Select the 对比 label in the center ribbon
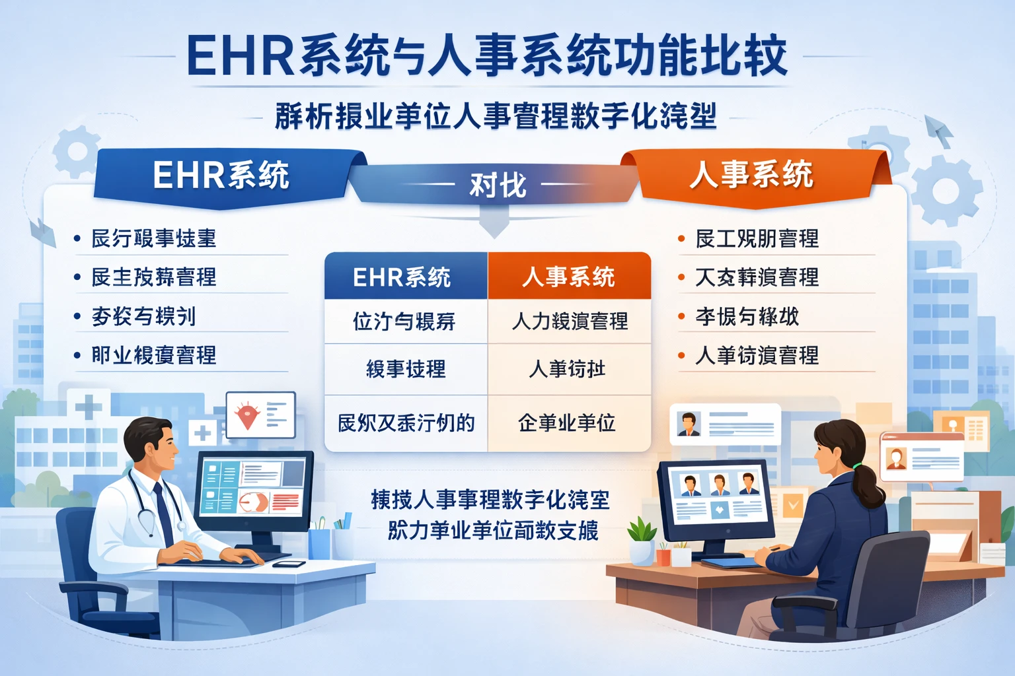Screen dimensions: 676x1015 pyautogui.click(x=497, y=185)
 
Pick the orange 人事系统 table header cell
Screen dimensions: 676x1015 pyautogui.click(x=569, y=277)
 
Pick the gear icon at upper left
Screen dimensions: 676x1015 pyautogui.click(x=76, y=152)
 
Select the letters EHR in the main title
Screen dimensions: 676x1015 pyautogui.click(x=241, y=55)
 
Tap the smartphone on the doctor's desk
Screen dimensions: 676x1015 pyautogui.click(x=289, y=564)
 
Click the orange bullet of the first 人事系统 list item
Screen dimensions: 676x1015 pyautogui.click(x=681, y=238)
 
